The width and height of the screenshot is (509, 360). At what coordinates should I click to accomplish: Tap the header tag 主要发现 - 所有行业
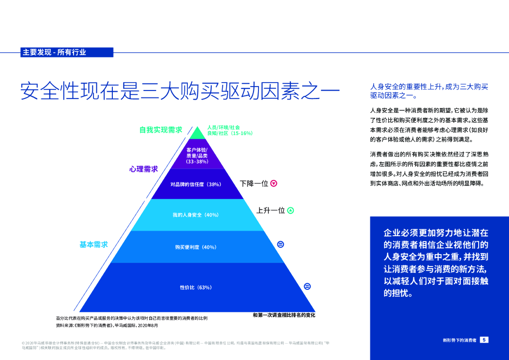point(54,52)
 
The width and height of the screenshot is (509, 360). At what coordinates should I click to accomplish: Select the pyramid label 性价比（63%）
point(196,287)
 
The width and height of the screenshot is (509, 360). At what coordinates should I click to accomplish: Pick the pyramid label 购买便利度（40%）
point(196,247)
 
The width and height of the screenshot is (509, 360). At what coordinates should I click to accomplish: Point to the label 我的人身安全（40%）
point(196,215)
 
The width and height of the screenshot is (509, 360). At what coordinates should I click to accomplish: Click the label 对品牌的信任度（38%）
point(196,184)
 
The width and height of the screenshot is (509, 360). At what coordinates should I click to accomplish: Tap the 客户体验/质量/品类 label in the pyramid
point(197,155)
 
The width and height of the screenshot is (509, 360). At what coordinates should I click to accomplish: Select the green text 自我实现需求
point(161,130)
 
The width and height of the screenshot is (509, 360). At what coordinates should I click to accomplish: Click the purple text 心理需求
point(144,169)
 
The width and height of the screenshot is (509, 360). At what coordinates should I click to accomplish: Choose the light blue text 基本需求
point(93,245)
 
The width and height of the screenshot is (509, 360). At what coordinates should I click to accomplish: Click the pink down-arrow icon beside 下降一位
point(274,183)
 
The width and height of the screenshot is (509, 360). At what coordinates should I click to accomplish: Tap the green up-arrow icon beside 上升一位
point(291,210)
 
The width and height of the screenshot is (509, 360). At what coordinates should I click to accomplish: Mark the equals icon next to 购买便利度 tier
point(280,244)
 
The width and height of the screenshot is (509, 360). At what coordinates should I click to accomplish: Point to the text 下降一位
point(254,183)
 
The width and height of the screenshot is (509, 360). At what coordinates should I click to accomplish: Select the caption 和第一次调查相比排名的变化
point(284,315)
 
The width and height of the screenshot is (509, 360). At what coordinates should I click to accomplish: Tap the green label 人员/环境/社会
point(224,127)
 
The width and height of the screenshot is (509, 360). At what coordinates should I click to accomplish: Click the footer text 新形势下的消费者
point(460,340)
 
